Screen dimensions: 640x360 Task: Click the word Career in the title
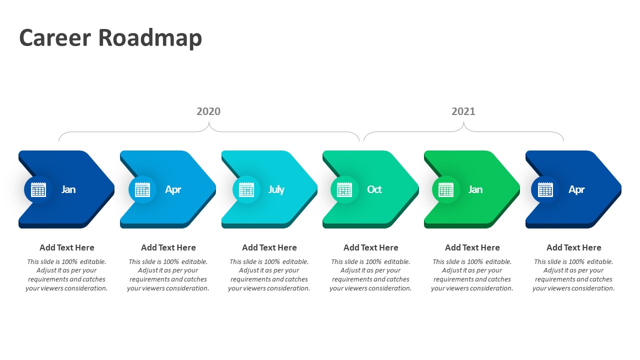55,37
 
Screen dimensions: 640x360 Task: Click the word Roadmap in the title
150,38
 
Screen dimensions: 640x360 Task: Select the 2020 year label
208,111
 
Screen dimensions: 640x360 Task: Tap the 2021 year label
463,111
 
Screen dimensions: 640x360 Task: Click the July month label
276,189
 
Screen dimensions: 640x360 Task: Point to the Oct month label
374,189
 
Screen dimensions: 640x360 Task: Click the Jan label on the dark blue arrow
68,189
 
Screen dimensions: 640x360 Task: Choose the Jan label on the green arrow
475,189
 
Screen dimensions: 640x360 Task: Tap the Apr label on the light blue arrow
173,189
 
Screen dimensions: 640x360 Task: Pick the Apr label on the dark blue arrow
576,189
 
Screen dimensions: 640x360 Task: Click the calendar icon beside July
246,189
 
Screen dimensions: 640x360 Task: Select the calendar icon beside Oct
344,189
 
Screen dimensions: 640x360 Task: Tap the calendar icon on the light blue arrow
142,189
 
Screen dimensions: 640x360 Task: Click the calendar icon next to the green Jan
445,189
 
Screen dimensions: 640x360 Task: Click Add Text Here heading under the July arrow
269,247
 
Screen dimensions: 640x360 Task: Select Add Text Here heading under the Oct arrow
371,247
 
